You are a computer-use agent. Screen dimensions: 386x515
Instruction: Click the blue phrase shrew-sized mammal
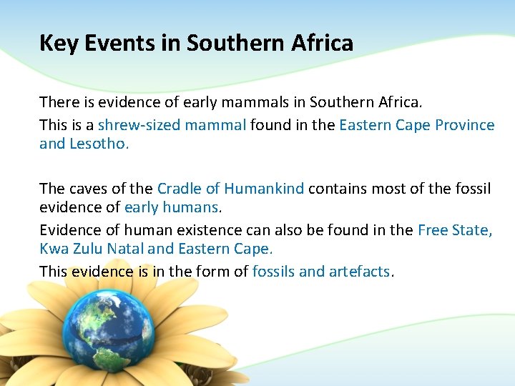tap(172, 125)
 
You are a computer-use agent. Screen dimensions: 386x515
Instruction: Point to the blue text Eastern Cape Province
tap(416, 125)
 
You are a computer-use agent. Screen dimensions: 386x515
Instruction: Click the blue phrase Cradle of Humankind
tap(230, 189)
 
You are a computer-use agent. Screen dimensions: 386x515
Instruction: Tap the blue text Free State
tap(454, 230)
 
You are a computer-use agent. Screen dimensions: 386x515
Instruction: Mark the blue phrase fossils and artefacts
tap(321, 272)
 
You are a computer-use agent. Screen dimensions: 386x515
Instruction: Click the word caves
tap(91, 189)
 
